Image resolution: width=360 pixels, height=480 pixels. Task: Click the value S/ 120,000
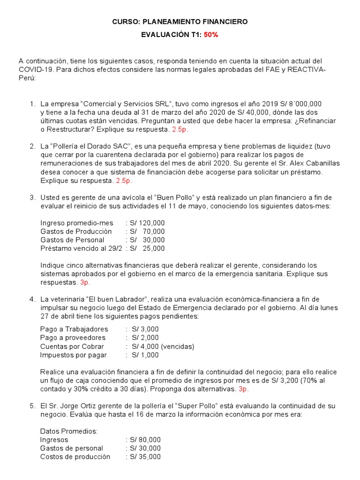pyautogui.click(x=147, y=223)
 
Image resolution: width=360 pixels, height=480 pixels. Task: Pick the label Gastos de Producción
pyautogui.click(x=76, y=231)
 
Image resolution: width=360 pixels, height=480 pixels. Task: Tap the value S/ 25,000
pyautogui.click(x=147, y=248)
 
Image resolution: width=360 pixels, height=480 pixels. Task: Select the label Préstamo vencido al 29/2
pyautogui.click(x=79, y=248)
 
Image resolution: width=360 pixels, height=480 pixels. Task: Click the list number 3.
pyautogui.click(x=32, y=197)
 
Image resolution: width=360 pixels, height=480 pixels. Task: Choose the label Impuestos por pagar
pyautogui.click(x=74, y=355)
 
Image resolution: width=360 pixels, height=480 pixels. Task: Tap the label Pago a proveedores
pyautogui.click(x=73, y=337)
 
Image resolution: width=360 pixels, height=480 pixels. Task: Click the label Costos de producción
pyautogui.click(x=75, y=457)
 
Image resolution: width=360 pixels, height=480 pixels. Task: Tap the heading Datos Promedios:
pyautogui.click(x=69, y=431)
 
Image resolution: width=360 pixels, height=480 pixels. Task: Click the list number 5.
pyautogui.click(x=32, y=405)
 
